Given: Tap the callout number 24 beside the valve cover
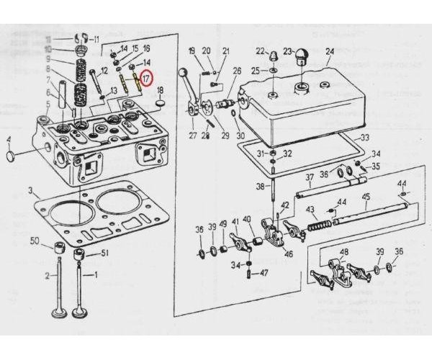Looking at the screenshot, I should (x=330, y=51).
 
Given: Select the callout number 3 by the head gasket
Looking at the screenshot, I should (x=31, y=191).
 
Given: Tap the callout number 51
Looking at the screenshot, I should (x=104, y=253).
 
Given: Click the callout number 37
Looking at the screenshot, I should (x=309, y=177).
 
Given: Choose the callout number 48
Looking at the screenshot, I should (x=343, y=252).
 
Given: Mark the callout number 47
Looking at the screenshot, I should (x=264, y=274).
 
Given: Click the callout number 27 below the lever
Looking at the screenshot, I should (x=192, y=134).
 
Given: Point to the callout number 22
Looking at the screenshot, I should (x=260, y=50).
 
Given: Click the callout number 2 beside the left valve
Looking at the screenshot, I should (x=48, y=276).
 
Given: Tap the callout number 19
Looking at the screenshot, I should (x=192, y=50).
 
